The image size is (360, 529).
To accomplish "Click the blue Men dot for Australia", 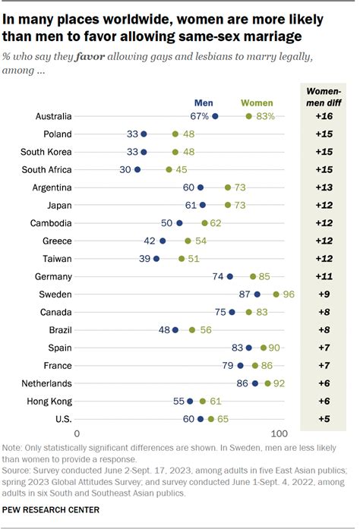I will point(215,116).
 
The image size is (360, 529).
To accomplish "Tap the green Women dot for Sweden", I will point(276,294).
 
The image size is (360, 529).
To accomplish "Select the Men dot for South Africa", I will point(137,169).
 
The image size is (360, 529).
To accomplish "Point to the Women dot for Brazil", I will point(192,329).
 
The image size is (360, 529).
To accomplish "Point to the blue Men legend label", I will point(204,101).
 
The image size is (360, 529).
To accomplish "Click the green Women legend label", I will point(257,101).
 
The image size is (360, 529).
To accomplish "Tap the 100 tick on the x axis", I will point(278,433).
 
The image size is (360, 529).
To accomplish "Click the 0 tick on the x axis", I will point(77,433).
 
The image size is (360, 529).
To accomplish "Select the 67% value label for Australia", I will point(199,116).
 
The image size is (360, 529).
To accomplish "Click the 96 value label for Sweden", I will point(289,294).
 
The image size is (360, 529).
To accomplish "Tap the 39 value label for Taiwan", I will point(144,258).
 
